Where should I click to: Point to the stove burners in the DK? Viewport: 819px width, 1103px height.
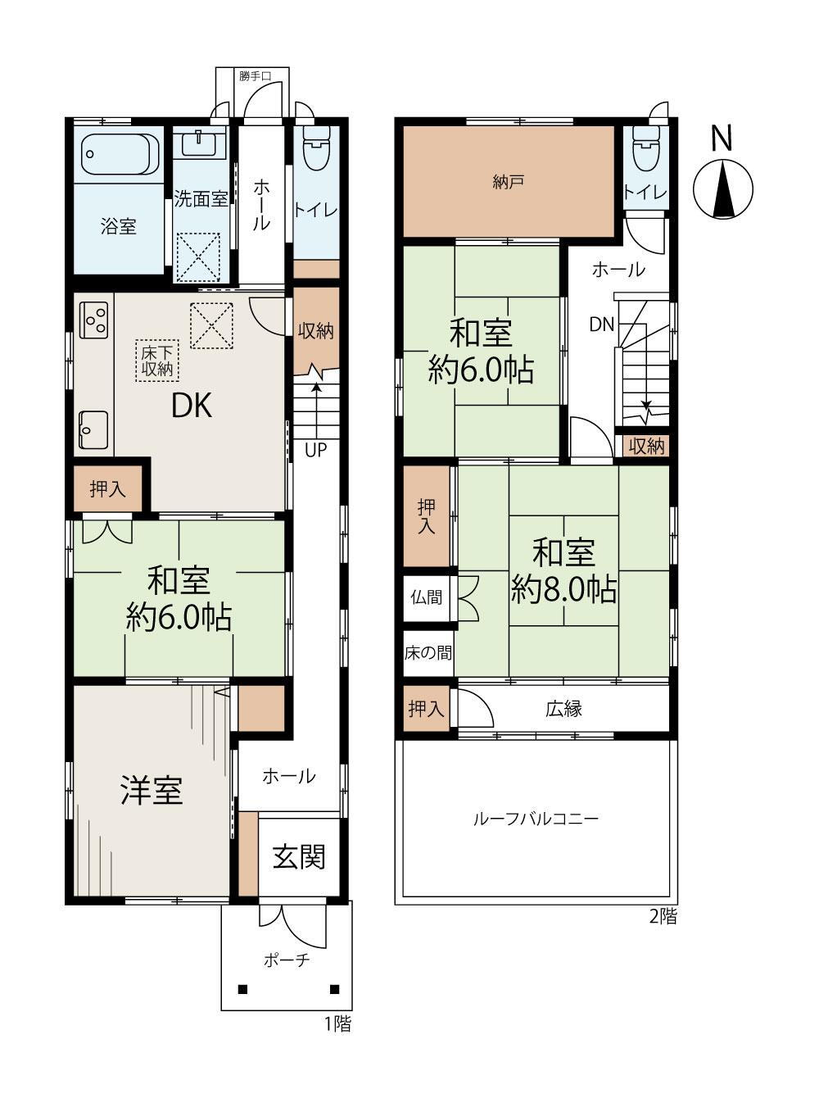click(93, 320)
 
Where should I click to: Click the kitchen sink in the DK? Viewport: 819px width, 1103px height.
click(93, 429)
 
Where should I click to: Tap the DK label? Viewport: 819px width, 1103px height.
click(192, 406)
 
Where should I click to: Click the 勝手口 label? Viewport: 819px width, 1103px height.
click(255, 76)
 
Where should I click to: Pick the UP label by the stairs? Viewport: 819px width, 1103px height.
click(316, 450)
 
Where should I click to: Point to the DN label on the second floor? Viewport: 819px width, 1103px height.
click(601, 325)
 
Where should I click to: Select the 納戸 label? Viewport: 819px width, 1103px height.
click(508, 183)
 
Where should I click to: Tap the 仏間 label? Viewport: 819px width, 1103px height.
click(427, 597)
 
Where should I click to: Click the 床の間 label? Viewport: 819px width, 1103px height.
click(428, 653)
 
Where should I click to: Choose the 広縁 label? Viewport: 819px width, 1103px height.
click(563, 709)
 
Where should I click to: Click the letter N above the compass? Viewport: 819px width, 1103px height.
click(722, 137)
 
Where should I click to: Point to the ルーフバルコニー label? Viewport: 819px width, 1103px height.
click(536, 818)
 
